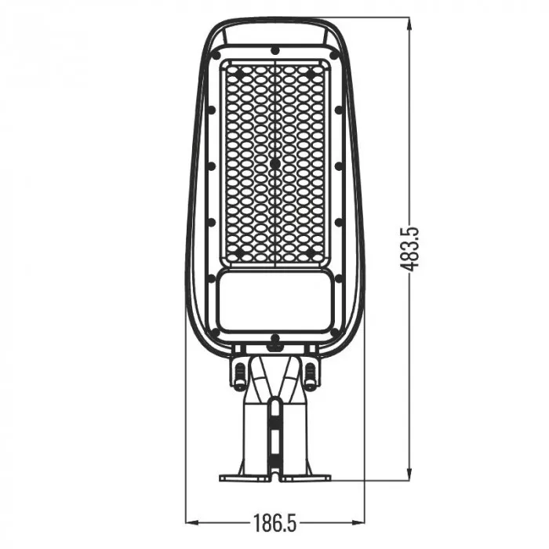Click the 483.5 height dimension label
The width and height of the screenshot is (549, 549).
tap(409, 249)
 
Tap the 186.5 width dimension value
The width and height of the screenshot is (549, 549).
tap(274, 523)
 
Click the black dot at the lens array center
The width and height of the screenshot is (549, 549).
tap(275, 163)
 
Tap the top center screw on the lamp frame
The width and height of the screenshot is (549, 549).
tap(275, 50)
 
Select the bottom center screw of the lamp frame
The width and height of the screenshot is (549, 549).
tap(275, 339)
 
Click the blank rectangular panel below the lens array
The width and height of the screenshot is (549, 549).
tap(275, 300)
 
